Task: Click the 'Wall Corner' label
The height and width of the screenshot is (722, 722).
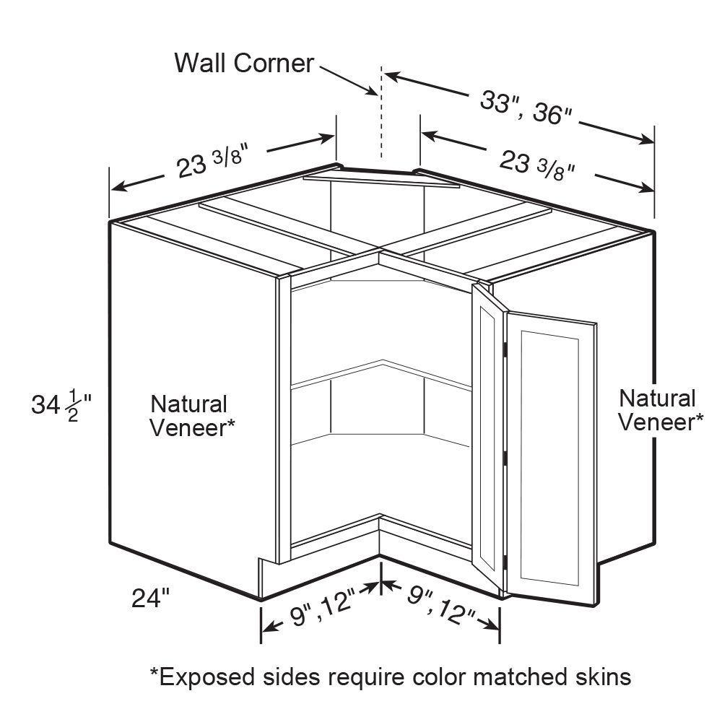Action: (x=244, y=63)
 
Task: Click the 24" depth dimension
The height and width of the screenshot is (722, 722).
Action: (x=151, y=598)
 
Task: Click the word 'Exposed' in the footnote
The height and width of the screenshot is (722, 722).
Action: (x=203, y=677)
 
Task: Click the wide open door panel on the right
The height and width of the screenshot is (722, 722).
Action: (x=551, y=458)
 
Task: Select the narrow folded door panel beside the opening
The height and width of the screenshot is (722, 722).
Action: (x=489, y=437)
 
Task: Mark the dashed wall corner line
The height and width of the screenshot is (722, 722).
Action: (x=380, y=111)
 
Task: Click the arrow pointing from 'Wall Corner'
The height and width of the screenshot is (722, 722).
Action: (x=349, y=81)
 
